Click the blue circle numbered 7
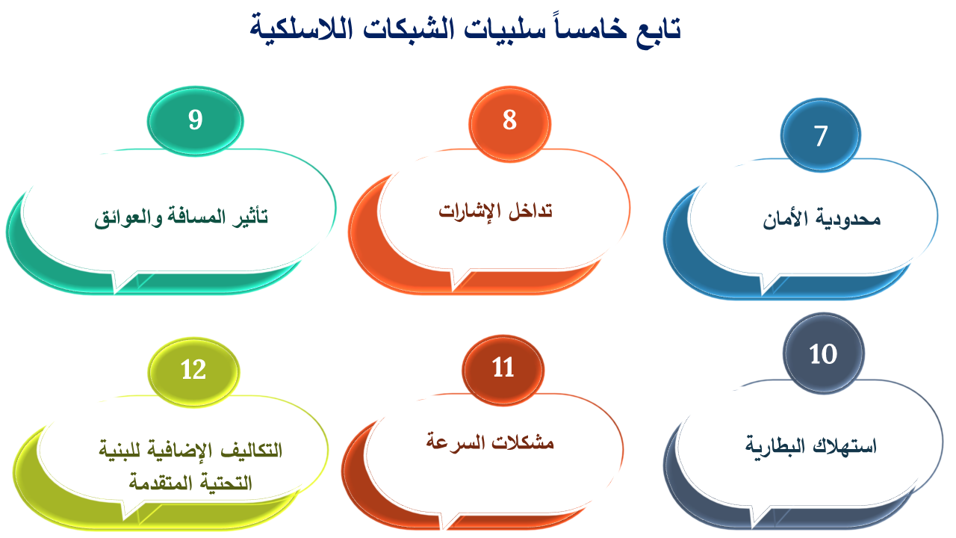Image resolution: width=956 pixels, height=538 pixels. [x=820, y=135]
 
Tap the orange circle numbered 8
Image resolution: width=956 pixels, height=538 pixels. [x=509, y=124]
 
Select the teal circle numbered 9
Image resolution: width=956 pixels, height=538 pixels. [x=196, y=121]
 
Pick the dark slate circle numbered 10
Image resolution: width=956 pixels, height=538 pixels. [x=823, y=353]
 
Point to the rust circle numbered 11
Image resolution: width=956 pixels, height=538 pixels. [x=503, y=370]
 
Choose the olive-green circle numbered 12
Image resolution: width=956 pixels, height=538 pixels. [x=193, y=372]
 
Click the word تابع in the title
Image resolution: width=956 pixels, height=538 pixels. [x=658, y=30]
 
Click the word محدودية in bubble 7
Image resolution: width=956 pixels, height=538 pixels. [x=848, y=220]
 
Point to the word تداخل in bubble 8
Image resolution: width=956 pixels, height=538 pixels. [x=530, y=211]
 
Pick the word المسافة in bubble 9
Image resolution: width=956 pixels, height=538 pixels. [x=196, y=217]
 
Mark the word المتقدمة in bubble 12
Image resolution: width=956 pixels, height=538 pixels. [x=155, y=483]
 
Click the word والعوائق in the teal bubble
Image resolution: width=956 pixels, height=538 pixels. [x=128, y=217]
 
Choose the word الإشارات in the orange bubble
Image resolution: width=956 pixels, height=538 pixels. [x=470, y=211]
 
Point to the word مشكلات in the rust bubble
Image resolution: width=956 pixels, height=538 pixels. [x=522, y=442]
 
